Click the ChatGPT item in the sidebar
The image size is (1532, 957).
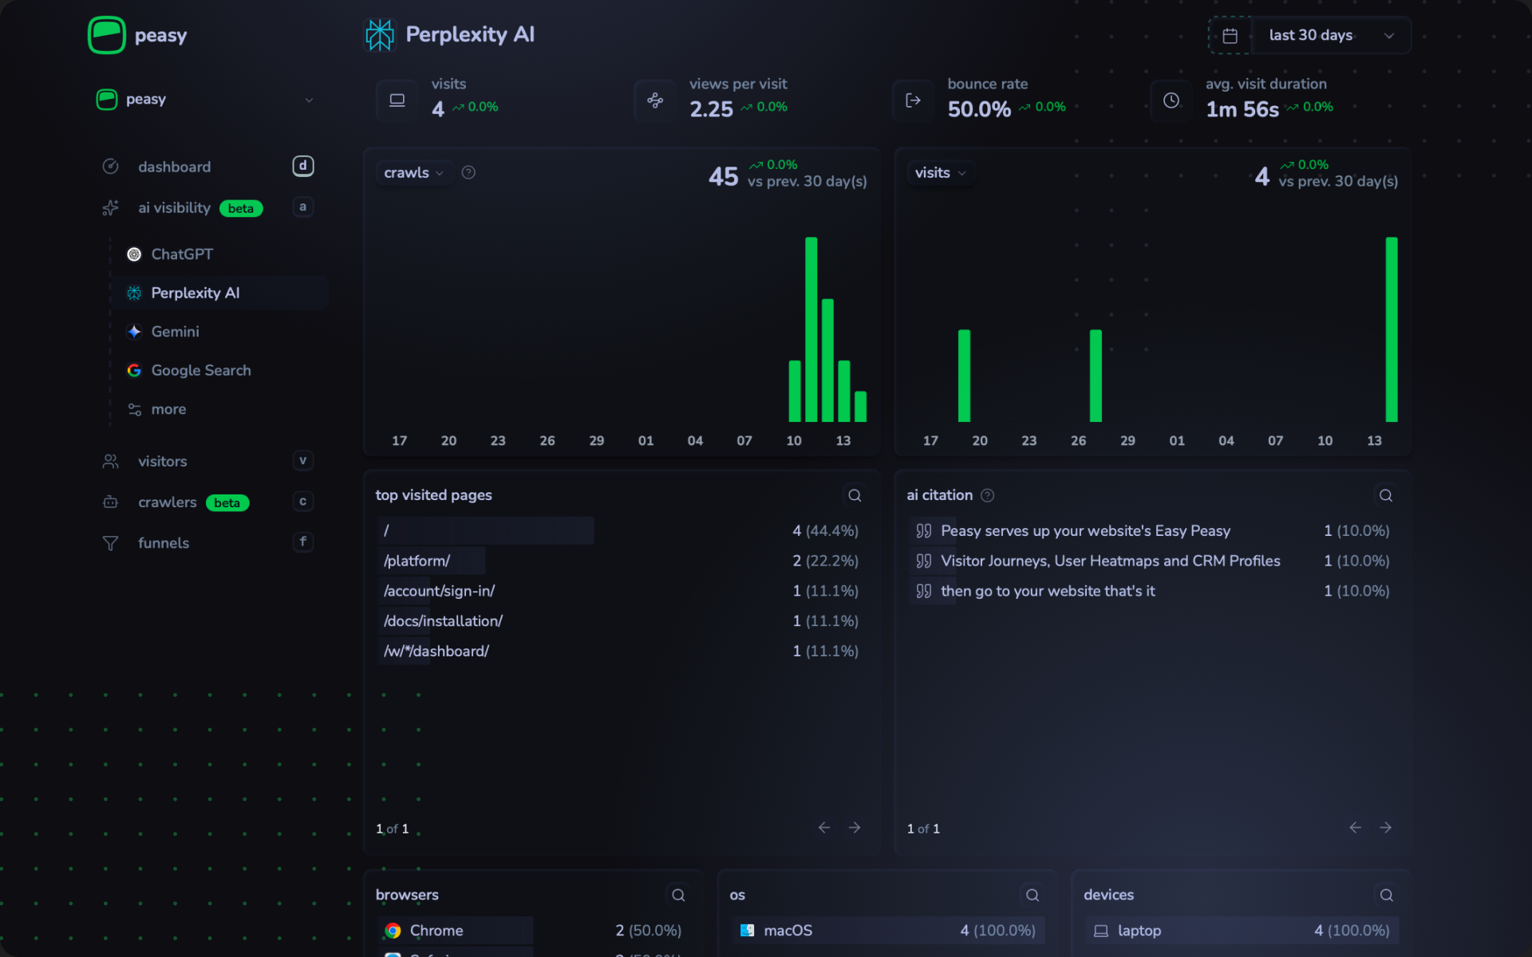point(181,254)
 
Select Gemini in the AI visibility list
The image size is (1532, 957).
point(175,332)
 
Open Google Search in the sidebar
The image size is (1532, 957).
point(200,371)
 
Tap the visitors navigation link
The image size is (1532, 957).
point(162,462)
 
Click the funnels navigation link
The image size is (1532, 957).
point(163,543)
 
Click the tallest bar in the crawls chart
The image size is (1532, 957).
point(811,329)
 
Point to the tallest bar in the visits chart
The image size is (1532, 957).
point(1391,329)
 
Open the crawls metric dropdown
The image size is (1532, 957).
point(413,173)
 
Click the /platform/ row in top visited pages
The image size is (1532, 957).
point(417,561)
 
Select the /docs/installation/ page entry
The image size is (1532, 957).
point(443,621)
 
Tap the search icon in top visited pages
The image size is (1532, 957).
point(855,496)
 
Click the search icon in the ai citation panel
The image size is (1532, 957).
point(1385,496)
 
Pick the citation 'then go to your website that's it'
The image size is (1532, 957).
point(1047,592)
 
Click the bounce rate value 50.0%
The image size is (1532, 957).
point(979,109)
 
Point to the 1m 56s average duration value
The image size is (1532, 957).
point(1242,109)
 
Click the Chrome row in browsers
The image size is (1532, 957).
point(436,931)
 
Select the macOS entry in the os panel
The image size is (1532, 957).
point(788,931)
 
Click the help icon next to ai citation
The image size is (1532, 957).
point(987,496)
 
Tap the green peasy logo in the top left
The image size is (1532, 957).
point(107,36)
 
